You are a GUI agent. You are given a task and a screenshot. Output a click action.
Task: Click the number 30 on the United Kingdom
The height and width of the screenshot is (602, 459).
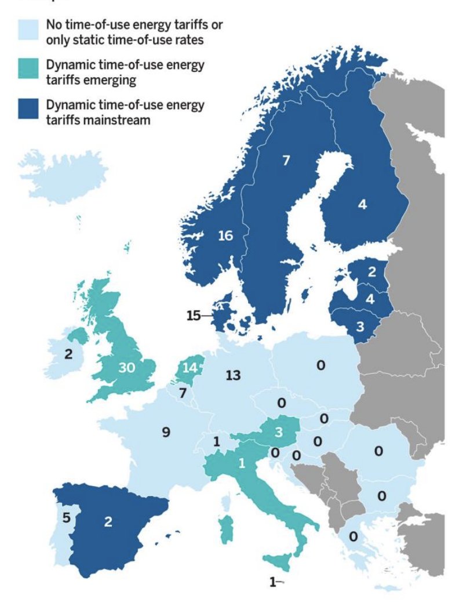[127, 368]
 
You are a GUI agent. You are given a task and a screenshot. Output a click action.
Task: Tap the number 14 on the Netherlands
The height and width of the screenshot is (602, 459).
[190, 367]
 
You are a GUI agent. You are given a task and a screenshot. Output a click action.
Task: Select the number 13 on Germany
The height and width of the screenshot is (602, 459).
[233, 375]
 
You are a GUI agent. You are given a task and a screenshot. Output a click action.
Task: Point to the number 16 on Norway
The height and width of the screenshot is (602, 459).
[225, 235]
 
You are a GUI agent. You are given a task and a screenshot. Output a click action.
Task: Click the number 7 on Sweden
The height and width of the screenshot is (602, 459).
[285, 161]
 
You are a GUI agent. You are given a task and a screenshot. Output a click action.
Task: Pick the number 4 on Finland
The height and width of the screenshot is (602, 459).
[362, 204]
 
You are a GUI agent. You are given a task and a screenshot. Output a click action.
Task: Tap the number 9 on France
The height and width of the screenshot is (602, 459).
[166, 433]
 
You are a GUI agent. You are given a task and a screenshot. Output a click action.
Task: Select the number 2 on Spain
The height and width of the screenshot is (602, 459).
[108, 521]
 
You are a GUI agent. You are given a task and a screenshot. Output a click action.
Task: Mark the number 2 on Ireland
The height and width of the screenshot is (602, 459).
[68, 354]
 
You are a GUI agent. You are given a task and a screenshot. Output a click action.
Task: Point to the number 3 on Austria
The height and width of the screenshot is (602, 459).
[278, 432]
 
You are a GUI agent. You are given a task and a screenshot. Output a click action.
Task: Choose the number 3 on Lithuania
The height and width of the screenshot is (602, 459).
[360, 325]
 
